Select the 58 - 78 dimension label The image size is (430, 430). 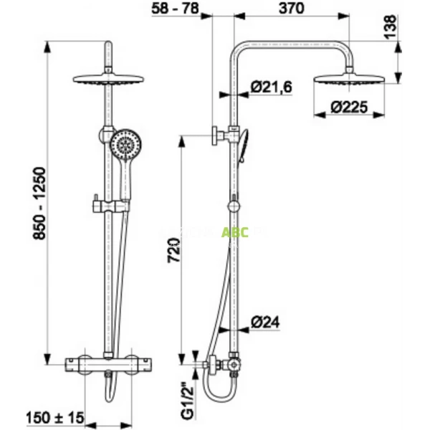point(176,8)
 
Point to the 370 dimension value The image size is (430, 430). point(292,8)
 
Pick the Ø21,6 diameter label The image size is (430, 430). point(271,87)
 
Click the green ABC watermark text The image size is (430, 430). point(234,232)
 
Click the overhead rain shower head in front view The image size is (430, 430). point(110,79)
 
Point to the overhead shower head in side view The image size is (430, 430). point(350,77)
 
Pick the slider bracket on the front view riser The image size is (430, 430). point(105,207)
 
